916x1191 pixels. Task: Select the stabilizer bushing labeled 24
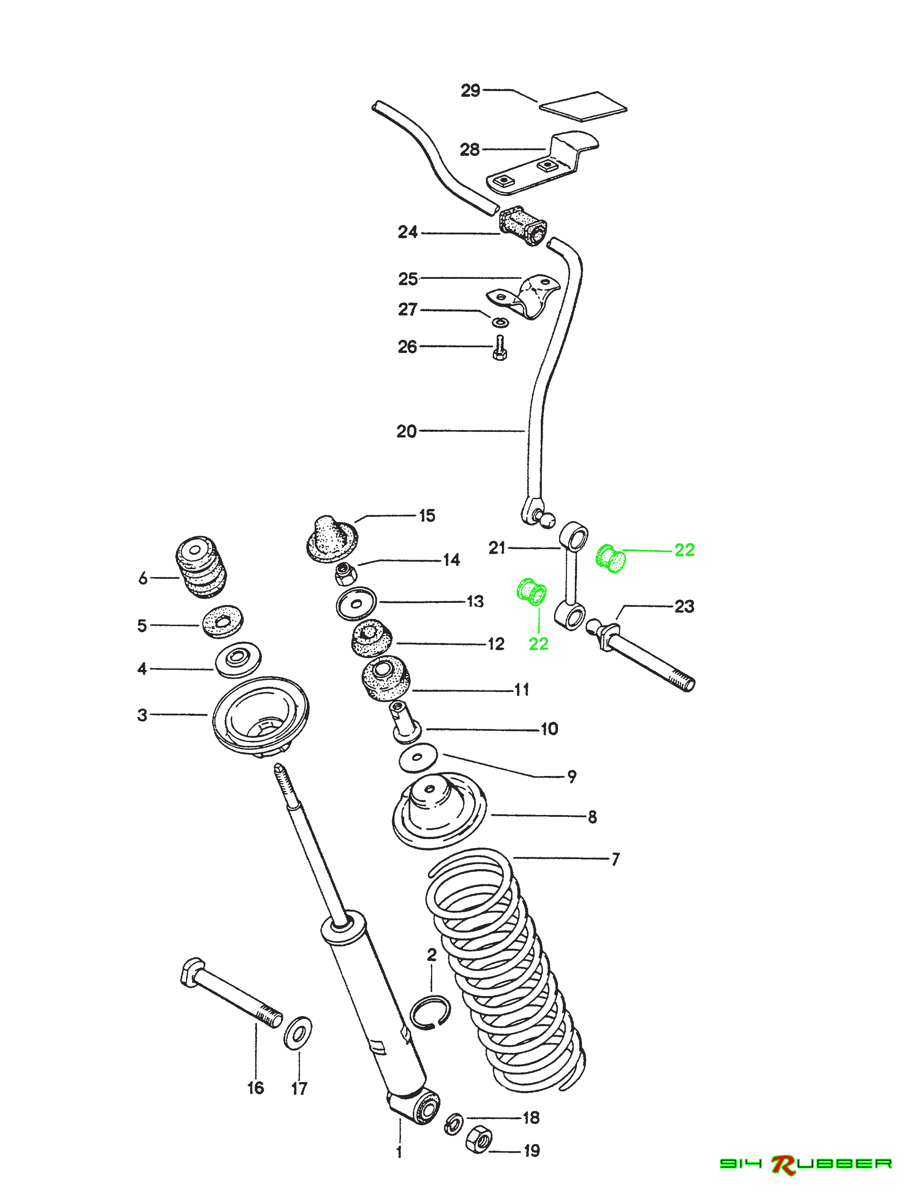point(523,226)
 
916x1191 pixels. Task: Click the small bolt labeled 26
point(499,347)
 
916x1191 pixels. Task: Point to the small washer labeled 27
point(500,322)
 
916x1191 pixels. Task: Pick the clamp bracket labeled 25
point(525,298)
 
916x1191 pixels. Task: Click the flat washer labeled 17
point(298,1032)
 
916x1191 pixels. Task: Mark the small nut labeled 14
point(345,573)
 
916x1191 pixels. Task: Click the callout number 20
point(406,432)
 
